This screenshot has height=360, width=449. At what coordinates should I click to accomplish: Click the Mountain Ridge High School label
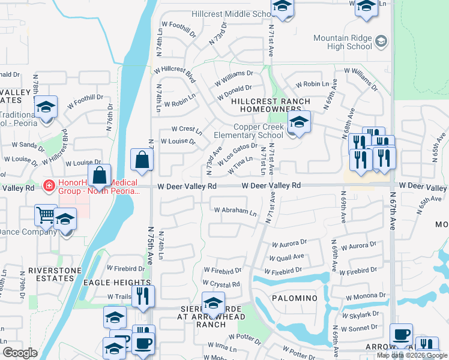pos(343,42)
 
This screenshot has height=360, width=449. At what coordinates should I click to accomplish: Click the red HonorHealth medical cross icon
pos(49,187)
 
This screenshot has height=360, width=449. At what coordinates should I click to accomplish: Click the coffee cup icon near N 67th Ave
pos(401,335)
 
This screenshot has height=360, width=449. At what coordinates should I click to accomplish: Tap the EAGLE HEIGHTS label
pos(116,283)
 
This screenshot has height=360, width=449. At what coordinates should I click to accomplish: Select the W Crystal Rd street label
pos(221,283)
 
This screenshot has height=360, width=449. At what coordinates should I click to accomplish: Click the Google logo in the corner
pos(20,353)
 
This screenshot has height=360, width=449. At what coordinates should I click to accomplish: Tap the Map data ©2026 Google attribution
pos(412,355)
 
